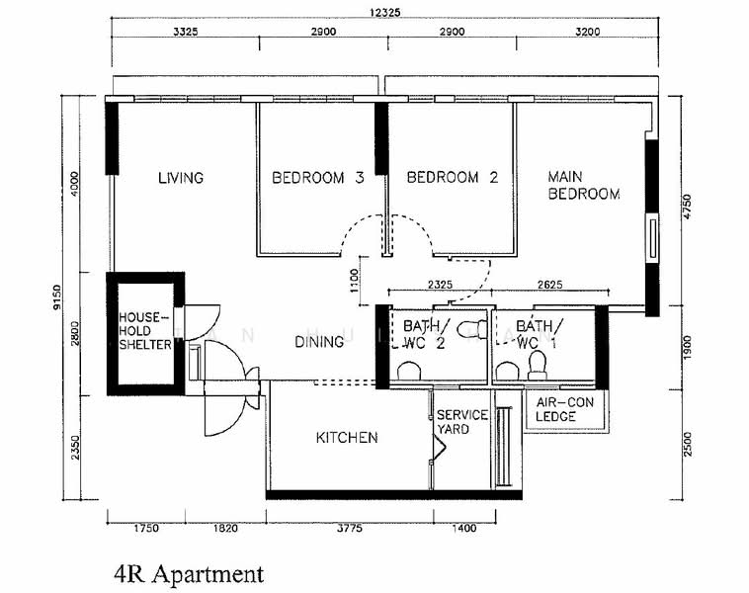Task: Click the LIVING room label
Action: tap(181, 178)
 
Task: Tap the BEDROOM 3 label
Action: tap(318, 178)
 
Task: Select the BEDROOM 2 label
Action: tap(453, 178)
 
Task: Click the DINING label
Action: tap(319, 342)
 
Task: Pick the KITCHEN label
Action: tap(346, 437)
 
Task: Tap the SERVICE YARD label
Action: tap(462, 422)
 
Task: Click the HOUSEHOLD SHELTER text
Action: tap(145, 331)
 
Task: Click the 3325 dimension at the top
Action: tap(185, 33)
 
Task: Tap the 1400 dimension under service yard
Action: tap(463, 529)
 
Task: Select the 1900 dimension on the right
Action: tap(689, 347)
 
